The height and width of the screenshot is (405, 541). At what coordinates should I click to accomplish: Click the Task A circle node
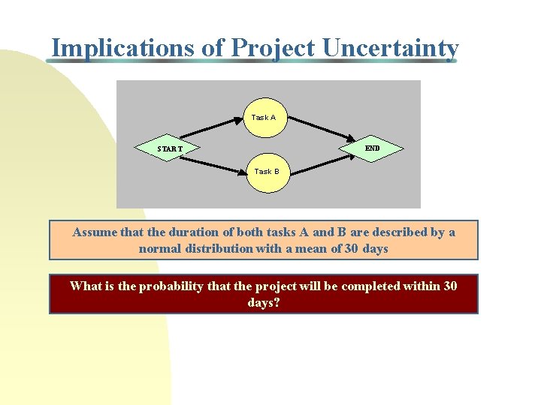click(264, 117)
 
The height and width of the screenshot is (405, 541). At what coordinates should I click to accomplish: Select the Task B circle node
click(267, 172)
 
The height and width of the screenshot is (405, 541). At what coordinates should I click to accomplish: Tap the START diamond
click(170, 148)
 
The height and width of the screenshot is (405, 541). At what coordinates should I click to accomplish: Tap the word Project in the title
click(274, 48)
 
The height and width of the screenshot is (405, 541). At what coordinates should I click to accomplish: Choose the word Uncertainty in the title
click(390, 48)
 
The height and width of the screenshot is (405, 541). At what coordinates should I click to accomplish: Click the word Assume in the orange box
click(95, 232)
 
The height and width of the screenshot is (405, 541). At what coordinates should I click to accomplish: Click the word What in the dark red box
click(84, 286)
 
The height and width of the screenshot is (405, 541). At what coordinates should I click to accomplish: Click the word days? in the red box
click(263, 302)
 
